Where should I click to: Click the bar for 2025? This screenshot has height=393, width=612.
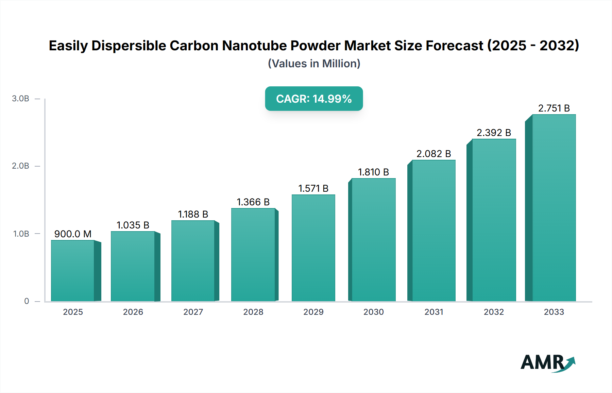tap(73, 271)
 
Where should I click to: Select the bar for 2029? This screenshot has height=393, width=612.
tap(313, 248)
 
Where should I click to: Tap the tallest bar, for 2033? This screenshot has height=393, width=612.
tap(554, 208)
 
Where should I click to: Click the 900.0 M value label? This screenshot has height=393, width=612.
tap(73, 234)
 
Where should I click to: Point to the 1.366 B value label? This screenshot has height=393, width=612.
tap(253, 202)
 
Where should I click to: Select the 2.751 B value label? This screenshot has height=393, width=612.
tap(554, 108)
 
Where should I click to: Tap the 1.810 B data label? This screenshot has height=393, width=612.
tap(373, 172)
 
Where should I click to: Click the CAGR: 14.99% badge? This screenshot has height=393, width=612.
tap(314, 99)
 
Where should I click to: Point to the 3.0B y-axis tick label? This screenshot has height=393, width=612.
tap(20, 99)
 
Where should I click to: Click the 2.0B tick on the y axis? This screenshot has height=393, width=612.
tap(20, 166)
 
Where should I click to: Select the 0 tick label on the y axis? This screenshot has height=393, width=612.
tap(27, 301)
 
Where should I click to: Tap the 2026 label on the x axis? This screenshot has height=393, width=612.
tap(133, 312)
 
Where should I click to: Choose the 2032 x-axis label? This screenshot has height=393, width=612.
tap(494, 312)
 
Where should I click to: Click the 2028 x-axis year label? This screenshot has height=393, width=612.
tap(253, 312)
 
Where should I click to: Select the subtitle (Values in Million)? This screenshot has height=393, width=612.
tap(314, 64)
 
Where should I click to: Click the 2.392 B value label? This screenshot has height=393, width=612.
tap(494, 133)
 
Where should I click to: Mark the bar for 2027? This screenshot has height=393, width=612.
tap(193, 261)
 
